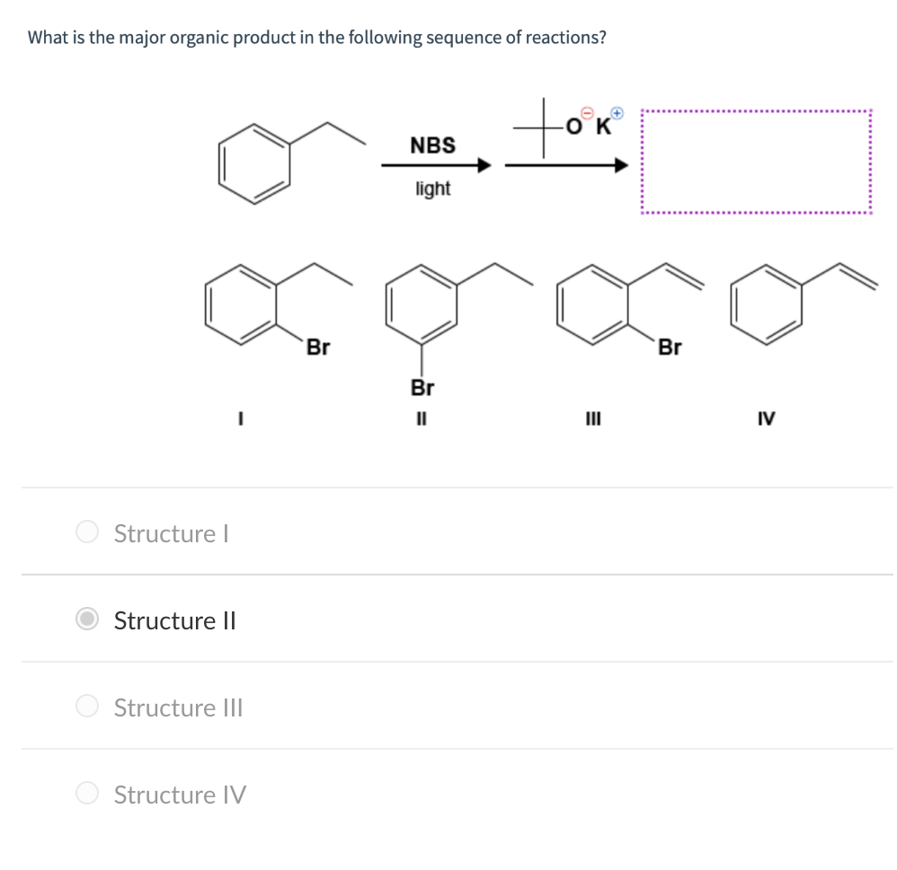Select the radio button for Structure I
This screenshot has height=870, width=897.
87,532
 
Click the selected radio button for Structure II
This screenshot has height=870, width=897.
87,620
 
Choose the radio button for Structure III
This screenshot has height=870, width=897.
87,707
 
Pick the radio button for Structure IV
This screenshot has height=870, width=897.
87,794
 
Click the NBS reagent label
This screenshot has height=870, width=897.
432,145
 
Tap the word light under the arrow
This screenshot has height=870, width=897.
432,189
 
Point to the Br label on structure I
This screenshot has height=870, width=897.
317,347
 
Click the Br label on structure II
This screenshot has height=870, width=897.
422,388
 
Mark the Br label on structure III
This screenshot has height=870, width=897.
670,347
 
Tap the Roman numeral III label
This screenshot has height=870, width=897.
594,418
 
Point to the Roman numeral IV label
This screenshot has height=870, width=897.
767,418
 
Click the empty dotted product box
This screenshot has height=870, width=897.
755,163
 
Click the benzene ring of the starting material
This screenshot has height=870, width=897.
255,163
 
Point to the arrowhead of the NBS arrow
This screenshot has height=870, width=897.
484,166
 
